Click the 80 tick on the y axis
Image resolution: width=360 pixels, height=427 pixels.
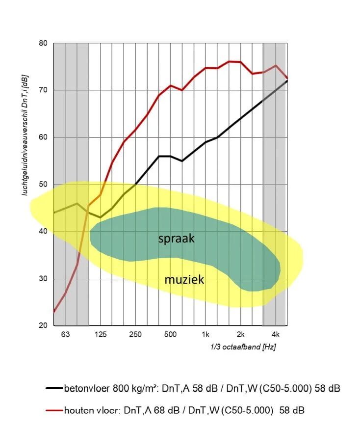coord(43,43)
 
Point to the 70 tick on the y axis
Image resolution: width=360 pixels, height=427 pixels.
coord(43,90)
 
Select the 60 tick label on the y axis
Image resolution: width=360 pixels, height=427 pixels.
coord(43,137)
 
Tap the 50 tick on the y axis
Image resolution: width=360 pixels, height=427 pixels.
coord(43,185)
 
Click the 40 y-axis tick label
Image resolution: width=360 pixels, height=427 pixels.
coord(43,232)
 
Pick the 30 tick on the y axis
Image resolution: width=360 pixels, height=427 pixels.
coord(43,279)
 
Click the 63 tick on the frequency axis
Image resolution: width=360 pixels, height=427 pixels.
coord(65,335)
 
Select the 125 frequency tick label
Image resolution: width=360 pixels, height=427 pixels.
coord(100,335)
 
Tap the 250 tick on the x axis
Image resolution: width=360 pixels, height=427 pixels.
coord(135,335)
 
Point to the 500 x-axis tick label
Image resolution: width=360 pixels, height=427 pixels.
coord(170,335)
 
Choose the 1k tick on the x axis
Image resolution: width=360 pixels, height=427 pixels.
coord(206,335)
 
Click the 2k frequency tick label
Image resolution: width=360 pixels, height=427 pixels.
coord(241,335)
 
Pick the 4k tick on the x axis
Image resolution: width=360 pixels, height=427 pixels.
coord(276,335)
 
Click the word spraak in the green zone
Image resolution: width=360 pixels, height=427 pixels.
coord(177,239)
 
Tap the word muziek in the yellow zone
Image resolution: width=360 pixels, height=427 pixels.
coord(184,280)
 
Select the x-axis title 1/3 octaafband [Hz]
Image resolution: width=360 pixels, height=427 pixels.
coord(243,347)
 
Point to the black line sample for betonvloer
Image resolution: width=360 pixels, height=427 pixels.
coord(54,389)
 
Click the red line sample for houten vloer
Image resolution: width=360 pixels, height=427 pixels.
coord(54,410)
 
